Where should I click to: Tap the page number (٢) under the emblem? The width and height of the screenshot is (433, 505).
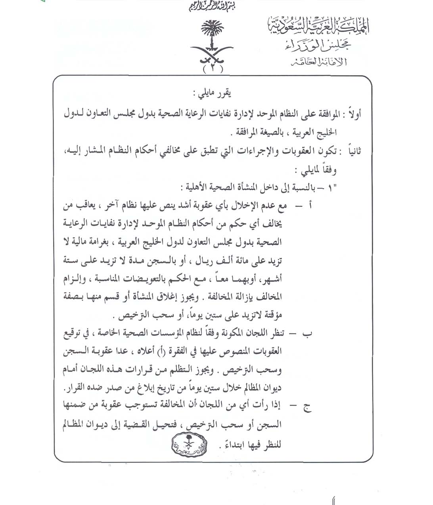(213, 68)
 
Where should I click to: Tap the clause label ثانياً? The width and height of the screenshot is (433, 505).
(354, 151)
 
